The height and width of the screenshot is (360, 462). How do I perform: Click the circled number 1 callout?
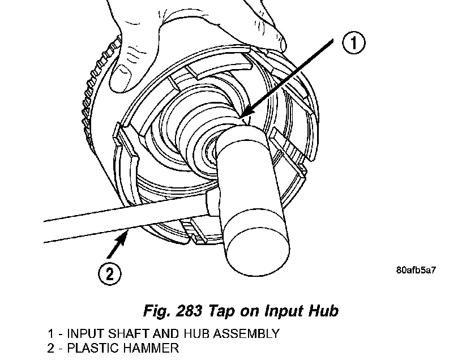(x=352, y=42)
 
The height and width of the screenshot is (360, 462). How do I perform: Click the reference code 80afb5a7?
(x=416, y=270)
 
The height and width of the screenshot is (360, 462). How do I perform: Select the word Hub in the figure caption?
(x=324, y=311)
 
